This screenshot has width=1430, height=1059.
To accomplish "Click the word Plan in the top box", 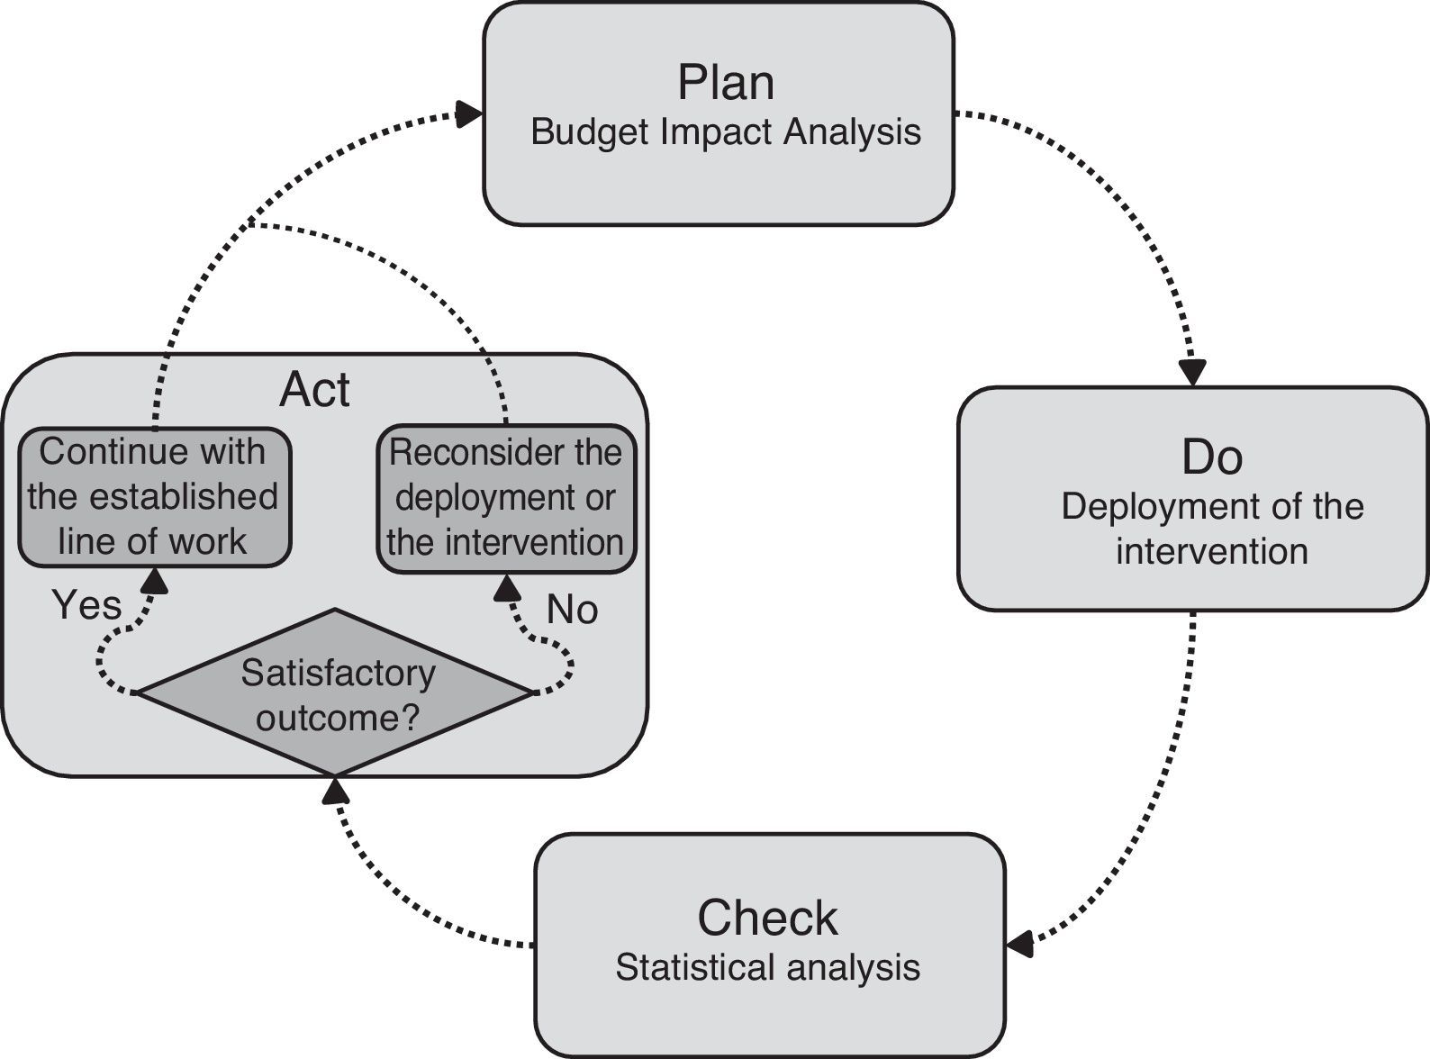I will click(x=725, y=83).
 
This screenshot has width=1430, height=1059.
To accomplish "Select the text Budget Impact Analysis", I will click(x=725, y=132).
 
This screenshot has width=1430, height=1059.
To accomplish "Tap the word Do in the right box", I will click(x=1211, y=457).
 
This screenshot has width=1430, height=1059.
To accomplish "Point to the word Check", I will click(x=767, y=918).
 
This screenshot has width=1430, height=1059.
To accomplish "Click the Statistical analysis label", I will click(x=767, y=968).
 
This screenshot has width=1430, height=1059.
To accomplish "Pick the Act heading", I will click(x=314, y=390).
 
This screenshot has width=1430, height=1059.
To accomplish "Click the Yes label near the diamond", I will click(x=86, y=604).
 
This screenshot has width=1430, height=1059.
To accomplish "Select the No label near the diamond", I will click(x=572, y=611).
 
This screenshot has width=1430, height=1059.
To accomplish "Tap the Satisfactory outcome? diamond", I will click(x=334, y=693).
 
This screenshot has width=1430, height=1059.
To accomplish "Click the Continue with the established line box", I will click(x=154, y=497).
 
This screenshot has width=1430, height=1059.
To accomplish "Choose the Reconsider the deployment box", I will click(x=505, y=498).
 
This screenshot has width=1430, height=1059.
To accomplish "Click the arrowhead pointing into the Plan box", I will click(x=469, y=113).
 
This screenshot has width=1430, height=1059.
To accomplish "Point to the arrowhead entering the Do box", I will click(x=1193, y=373).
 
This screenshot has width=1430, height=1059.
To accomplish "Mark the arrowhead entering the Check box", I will click(x=1019, y=945).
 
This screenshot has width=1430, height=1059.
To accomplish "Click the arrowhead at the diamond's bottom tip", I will click(x=335, y=791).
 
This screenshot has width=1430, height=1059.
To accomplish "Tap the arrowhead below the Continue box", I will click(x=155, y=581).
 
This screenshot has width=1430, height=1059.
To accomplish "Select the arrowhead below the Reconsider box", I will click(x=508, y=588).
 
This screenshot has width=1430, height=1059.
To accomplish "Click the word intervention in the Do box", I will click(x=1211, y=551).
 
